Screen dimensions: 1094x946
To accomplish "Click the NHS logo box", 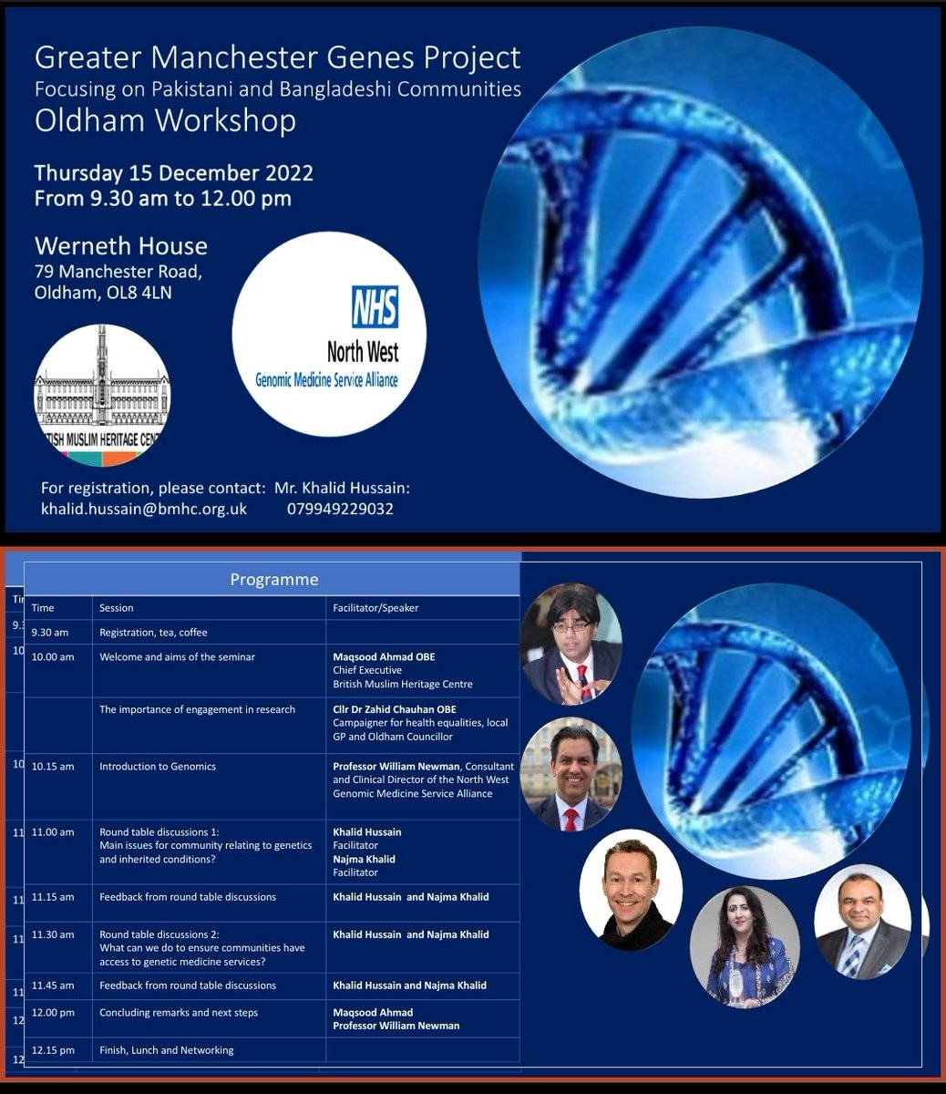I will point(375,305).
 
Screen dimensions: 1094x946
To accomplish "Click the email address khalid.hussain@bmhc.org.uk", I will point(144,509).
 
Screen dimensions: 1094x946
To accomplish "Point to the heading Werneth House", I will point(121,246).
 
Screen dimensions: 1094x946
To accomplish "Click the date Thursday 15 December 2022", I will point(173,172).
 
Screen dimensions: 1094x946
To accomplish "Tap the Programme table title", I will point(273,580).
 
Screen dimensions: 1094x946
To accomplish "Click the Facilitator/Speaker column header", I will point(376,608).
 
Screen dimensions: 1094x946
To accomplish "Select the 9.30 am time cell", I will point(50,633).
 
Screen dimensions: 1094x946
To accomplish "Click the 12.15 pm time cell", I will point(53,1050).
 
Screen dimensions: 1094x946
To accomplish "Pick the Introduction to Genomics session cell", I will point(158,767).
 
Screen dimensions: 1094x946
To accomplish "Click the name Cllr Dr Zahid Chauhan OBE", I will point(395,709).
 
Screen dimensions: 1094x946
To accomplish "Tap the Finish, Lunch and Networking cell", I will point(167,1050).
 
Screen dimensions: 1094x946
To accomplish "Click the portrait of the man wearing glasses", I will point(571,644).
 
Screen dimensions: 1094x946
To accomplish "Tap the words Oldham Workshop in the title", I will point(165,121).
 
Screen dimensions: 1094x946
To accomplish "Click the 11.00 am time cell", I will point(53,832).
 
